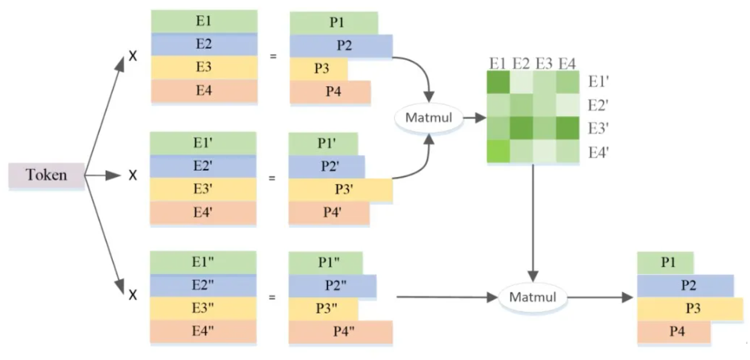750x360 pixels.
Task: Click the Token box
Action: pyautogui.click(x=46, y=176)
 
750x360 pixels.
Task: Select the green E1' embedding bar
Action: pyautogui.click(x=204, y=144)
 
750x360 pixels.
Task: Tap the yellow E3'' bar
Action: pyautogui.click(x=204, y=309)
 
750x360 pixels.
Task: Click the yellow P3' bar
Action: pyautogui.click(x=341, y=190)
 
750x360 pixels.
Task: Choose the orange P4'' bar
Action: pyautogui.click(x=341, y=332)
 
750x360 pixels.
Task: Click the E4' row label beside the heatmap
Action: pyautogui.click(x=598, y=153)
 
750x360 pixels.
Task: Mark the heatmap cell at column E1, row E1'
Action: pyautogui.click(x=499, y=82)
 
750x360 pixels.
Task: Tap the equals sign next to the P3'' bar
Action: pyautogui.click(x=273, y=297)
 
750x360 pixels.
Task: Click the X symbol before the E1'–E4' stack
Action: pyautogui.click(x=133, y=176)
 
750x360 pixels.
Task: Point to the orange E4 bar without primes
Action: pyautogui.click(x=204, y=91)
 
